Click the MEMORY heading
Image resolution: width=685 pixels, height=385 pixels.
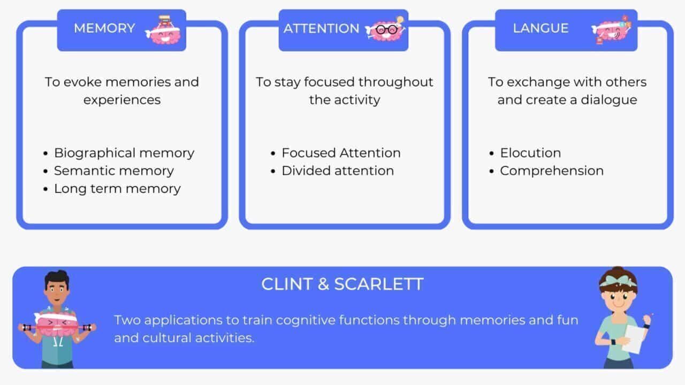tap(104, 28)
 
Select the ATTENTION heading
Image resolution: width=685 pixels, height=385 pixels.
tap(321, 28)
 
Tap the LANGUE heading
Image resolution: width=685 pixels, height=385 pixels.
tap(541, 28)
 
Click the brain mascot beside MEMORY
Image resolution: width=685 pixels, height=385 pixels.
tap(163, 29)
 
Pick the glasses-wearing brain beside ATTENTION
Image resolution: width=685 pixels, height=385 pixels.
tap(384, 29)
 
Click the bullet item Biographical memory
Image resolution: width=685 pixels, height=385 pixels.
tap(124, 153)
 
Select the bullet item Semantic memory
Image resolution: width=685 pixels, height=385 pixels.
tap(113, 171)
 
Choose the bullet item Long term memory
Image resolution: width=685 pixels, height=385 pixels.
tap(117, 188)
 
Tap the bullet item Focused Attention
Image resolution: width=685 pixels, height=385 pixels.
tap(341, 153)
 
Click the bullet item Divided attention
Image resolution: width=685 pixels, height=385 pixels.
tap(337, 171)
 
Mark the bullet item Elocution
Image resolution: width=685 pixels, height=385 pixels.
tap(530, 153)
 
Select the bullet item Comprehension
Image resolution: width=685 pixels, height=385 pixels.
tap(551, 171)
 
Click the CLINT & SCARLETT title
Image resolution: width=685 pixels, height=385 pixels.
tap(342, 284)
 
